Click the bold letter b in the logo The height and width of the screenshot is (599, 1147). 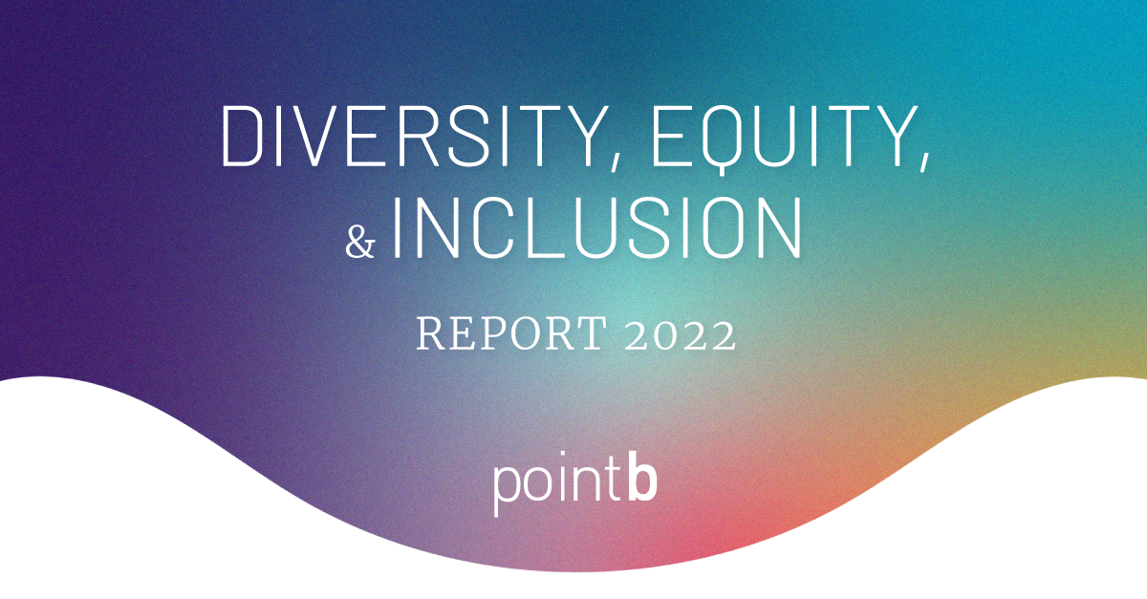tap(642, 483)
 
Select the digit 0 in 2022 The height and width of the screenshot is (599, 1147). tap(661, 335)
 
